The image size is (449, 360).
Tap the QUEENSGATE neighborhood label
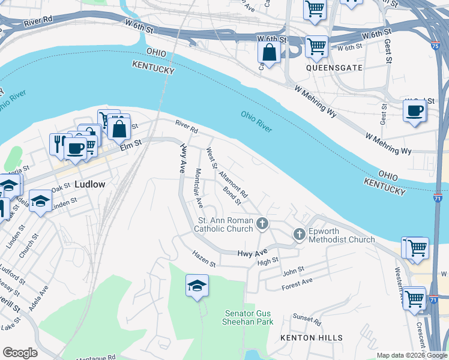pyautogui.click(x=334, y=68)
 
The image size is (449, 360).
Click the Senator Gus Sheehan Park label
pyautogui.click(x=249, y=317)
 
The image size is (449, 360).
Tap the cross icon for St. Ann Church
pyautogui.click(x=262, y=224)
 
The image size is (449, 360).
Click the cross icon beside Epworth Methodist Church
pyautogui.click(x=300, y=235)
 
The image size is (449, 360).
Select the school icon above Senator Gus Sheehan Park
pyautogui.click(x=197, y=286)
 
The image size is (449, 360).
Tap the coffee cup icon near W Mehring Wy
pyautogui.click(x=415, y=110)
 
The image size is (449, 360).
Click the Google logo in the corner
pyautogui.click(x=19, y=353)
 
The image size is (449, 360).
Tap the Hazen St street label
pyautogui.click(x=204, y=259)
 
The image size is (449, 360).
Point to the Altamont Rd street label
pyautogui.click(x=234, y=184)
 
